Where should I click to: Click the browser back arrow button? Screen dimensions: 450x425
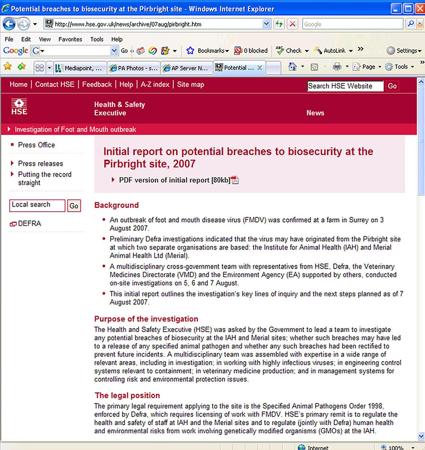click(9, 24)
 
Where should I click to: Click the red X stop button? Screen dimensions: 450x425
click(293, 24)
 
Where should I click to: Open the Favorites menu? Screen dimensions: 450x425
click(70, 39)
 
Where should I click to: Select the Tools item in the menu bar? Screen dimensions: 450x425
click(96, 39)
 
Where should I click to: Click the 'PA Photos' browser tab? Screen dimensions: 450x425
click(134, 68)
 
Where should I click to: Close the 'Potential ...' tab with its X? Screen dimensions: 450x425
click(260, 68)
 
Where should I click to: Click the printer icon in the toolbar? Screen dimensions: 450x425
click(337, 67)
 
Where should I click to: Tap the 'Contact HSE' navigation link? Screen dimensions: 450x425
click(55, 84)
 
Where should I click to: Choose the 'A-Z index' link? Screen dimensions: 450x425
click(155, 84)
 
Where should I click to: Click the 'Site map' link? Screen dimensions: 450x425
click(191, 84)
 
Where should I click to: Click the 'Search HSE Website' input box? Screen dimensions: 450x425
click(345, 86)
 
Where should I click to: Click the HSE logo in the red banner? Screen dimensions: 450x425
click(19, 107)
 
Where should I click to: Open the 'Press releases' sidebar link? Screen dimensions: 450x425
click(41, 163)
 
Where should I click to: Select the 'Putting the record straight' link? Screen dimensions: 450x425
click(45, 178)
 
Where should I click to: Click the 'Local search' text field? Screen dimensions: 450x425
click(37, 205)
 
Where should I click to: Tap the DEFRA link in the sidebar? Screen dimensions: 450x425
click(29, 223)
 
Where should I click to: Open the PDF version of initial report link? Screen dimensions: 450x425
click(174, 180)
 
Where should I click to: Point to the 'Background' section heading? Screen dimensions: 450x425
click(116, 205)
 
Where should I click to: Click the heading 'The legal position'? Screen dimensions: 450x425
click(127, 395)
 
